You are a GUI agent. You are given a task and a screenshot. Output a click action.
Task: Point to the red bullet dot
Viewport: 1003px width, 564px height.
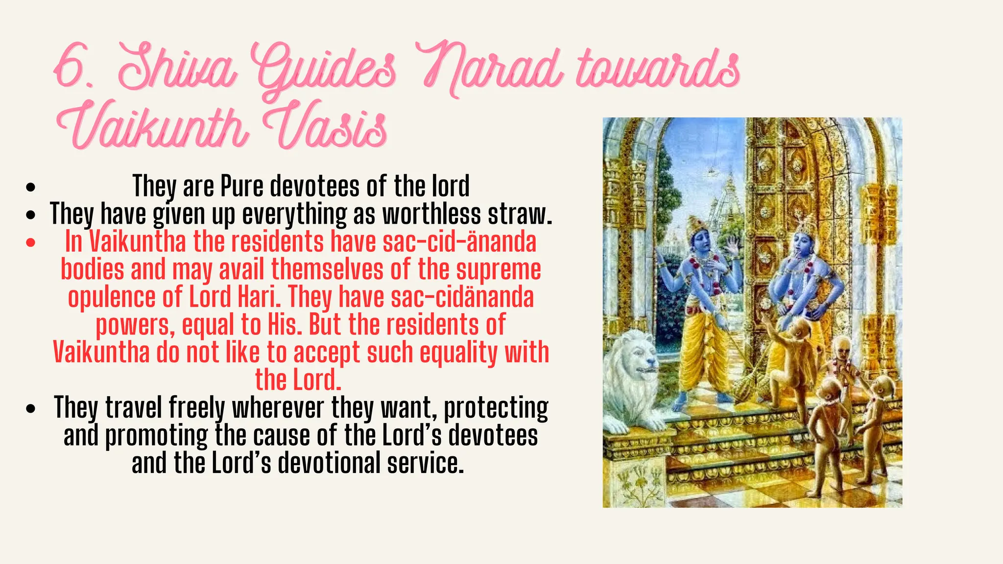[31, 242]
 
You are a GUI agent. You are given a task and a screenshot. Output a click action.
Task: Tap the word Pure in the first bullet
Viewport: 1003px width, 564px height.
[242, 186]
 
